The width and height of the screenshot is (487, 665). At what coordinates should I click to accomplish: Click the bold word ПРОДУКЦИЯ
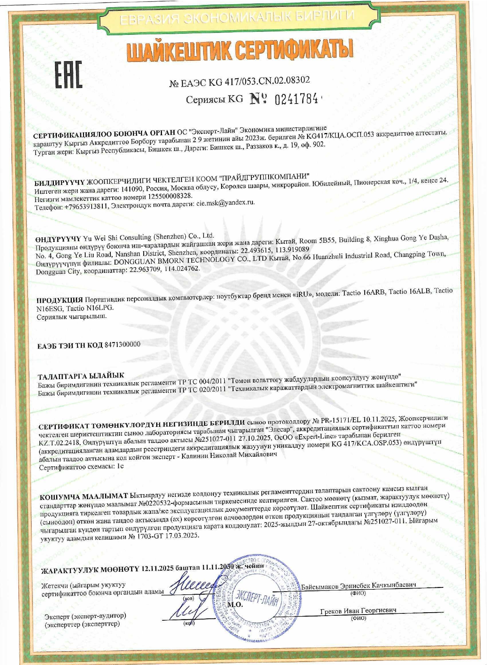click(x=60, y=300)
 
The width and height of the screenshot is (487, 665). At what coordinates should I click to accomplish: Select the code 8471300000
click(x=122, y=344)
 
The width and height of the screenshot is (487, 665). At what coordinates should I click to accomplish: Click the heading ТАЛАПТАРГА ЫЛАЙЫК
click(x=81, y=376)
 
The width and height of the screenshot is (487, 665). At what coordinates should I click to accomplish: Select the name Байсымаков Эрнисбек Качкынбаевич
click(x=358, y=585)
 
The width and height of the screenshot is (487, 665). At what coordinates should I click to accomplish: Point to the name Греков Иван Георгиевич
click(x=358, y=611)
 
